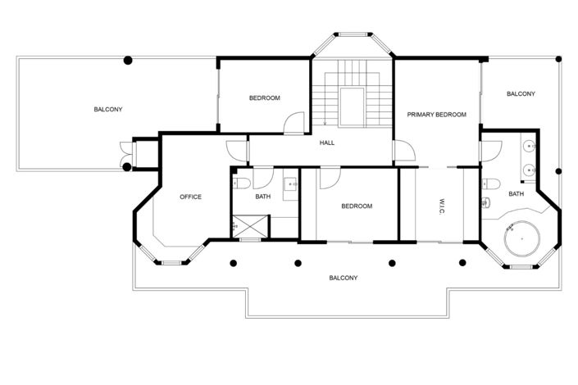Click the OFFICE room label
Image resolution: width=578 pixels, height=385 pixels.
tap(190, 197)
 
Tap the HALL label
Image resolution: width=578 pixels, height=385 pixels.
tap(326, 143)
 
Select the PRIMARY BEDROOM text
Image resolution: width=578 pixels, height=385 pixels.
tap(436, 115)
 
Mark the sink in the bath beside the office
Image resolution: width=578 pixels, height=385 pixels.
tap(292, 184)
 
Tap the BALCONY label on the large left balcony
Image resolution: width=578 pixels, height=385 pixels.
tap(107, 109)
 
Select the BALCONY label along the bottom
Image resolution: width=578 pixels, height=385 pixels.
tap(343, 278)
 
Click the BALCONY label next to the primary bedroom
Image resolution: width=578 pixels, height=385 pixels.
tap(520, 94)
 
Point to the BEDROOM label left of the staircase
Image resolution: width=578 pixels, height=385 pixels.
tap(264, 98)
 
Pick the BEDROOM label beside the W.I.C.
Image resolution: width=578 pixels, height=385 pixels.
tap(357, 206)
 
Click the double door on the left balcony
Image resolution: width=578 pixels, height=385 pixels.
tap(124, 154)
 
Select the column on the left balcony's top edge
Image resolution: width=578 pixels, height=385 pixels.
tap(127, 60)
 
